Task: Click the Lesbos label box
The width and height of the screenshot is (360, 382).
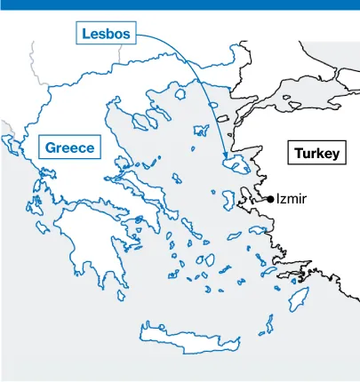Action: (106, 34)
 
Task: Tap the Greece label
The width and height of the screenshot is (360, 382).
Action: (69, 147)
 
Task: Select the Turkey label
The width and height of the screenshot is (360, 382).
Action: (316, 154)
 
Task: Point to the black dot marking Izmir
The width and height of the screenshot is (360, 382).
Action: (270, 200)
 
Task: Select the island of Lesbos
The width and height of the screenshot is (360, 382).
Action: (236, 163)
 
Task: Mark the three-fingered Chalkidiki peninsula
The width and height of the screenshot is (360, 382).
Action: (147, 116)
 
